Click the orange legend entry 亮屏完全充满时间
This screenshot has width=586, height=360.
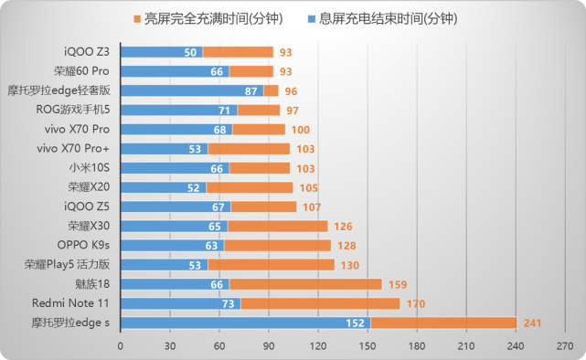click(x=206, y=18)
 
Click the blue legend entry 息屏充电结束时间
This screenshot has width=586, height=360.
click(x=398, y=18)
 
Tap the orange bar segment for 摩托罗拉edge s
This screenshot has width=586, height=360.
click(x=443, y=323)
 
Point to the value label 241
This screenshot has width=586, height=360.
click(x=533, y=323)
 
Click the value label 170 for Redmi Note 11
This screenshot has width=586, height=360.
click(x=415, y=303)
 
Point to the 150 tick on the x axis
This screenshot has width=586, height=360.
click(x=368, y=345)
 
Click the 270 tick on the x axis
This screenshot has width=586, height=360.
click(x=565, y=345)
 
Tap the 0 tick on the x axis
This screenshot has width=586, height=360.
click(x=120, y=345)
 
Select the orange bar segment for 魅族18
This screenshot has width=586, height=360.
click(x=304, y=284)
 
